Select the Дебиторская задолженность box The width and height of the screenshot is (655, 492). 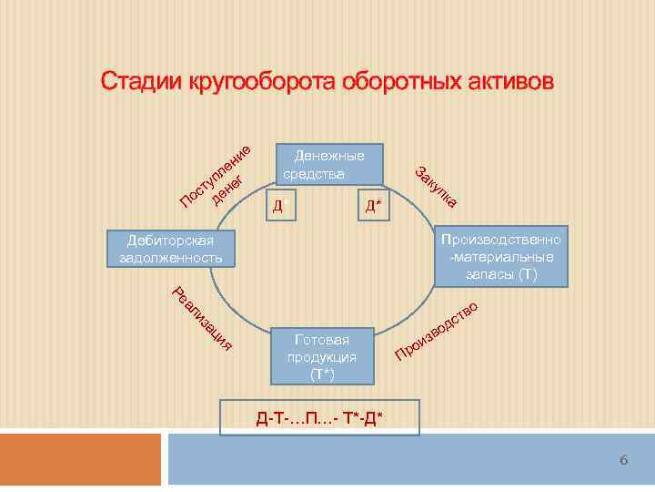170,249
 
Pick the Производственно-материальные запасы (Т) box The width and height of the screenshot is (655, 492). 500,256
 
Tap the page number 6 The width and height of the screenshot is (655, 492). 624,461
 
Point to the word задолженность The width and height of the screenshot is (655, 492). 171,258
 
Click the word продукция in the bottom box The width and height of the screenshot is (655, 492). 322,356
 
